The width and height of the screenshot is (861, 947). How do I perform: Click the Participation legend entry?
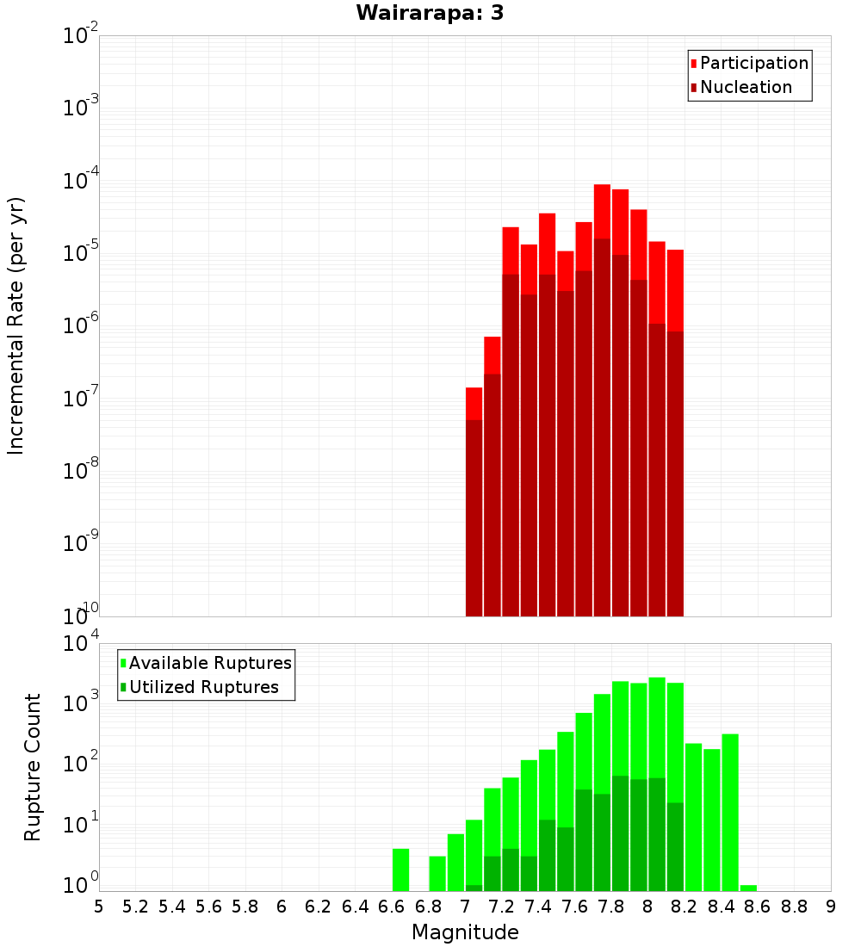click(x=754, y=63)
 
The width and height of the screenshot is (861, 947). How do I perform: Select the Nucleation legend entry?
click(x=746, y=87)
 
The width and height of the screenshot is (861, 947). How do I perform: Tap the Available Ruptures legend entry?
click(x=210, y=663)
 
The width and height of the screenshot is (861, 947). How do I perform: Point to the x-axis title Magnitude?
click(x=465, y=932)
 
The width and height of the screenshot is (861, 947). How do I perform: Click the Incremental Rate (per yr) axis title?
click(x=16, y=325)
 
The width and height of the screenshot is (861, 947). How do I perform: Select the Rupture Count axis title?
click(x=33, y=767)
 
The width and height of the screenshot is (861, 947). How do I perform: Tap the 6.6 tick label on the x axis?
click(x=392, y=906)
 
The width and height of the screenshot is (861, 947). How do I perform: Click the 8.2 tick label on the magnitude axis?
click(x=684, y=906)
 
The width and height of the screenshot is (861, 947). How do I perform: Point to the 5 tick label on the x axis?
click(x=99, y=906)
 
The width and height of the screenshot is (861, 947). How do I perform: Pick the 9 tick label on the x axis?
click(x=831, y=906)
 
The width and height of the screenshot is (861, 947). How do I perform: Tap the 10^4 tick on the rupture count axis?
click(x=81, y=645)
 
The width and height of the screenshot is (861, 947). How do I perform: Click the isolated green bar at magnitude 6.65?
click(x=400, y=870)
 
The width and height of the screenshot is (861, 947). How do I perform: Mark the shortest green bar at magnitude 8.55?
click(x=748, y=888)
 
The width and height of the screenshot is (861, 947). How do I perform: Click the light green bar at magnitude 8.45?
click(x=730, y=809)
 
